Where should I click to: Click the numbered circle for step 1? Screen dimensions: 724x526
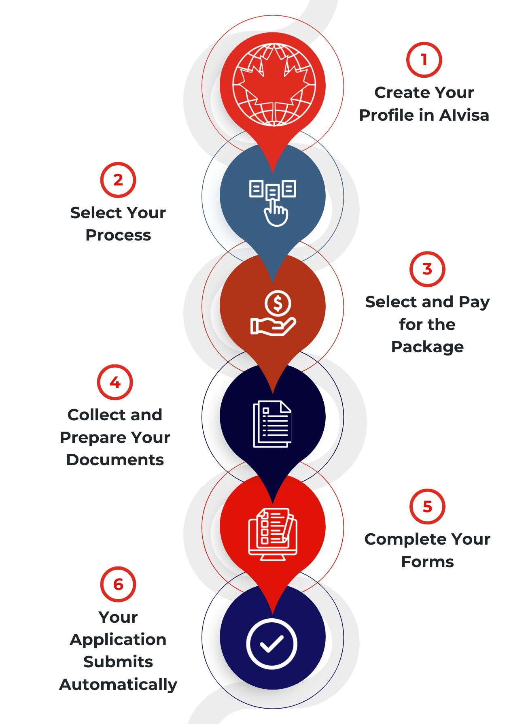pyautogui.click(x=424, y=60)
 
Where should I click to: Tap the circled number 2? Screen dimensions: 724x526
pyautogui.click(x=118, y=180)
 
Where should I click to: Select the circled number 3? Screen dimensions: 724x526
pyautogui.click(x=427, y=269)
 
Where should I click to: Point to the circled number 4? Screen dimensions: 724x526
pyautogui.click(x=115, y=382)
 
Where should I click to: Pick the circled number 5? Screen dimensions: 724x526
pyautogui.click(x=427, y=507)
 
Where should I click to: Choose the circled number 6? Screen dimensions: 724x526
pyautogui.click(x=118, y=584)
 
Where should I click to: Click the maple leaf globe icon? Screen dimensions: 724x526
pyautogui.click(x=274, y=85)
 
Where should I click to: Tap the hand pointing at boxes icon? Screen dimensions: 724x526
pyautogui.click(x=273, y=202)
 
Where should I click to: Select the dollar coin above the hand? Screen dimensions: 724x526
pyautogui.click(x=278, y=302)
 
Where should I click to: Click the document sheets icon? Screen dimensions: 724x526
pyautogui.click(x=272, y=424)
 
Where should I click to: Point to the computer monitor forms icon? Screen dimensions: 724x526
pyautogui.click(x=273, y=533)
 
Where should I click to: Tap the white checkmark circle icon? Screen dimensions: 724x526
pyautogui.click(x=272, y=643)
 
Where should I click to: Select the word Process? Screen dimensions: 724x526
pyautogui.click(x=118, y=235)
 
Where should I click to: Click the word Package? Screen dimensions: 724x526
pyautogui.click(x=427, y=347)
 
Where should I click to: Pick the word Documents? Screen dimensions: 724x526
pyautogui.click(x=115, y=460)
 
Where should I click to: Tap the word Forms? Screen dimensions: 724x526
pyautogui.click(x=427, y=562)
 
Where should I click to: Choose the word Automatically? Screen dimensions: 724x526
pyautogui.click(x=118, y=684)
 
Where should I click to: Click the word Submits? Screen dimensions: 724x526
pyautogui.click(x=118, y=662)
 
